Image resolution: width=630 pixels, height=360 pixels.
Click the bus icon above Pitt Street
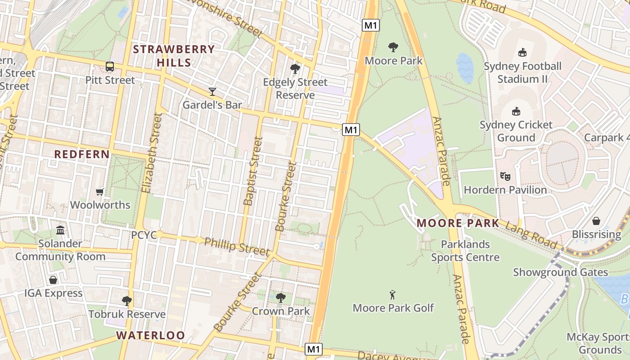pyautogui.click(x=110, y=67)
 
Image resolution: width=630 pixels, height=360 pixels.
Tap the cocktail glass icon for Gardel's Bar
pyautogui.click(x=212, y=92)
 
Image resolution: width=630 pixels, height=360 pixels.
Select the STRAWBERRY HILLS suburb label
pyautogui.click(x=174, y=56)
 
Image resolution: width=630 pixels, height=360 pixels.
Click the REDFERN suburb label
pyautogui.click(x=82, y=154)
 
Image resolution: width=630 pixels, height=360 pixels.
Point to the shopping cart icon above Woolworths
pyautogui.click(x=100, y=192)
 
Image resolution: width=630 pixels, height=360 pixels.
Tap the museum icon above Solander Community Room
pyautogui.click(x=60, y=230)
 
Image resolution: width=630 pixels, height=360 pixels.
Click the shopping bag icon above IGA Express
pyautogui.click(x=53, y=280)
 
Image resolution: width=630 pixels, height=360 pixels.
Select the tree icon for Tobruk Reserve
pyautogui.click(x=127, y=301)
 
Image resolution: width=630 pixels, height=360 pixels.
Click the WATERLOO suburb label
pyautogui.click(x=151, y=335)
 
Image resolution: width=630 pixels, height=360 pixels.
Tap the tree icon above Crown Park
pyautogui.click(x=281, y=297)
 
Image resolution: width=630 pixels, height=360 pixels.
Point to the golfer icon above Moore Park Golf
pyautogui.click(x=393, y=295)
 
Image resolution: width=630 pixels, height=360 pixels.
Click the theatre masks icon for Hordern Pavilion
pyautogui.click(x=505, y=176)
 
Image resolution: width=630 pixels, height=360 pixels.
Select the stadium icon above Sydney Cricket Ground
pyautogui.click(x=516, y=111)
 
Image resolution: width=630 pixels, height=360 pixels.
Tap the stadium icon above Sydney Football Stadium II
pyautogui.click(x=522, y=53)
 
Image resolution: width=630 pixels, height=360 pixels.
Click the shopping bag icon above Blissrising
pyautogui.click(x=596, y=221)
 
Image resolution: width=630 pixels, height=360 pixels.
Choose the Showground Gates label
pyautogui.click(x=560, y=272)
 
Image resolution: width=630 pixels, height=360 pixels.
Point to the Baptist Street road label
pyautogui.click(x=252, y=171)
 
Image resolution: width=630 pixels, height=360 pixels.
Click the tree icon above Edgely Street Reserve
pyautogui.click(x=295, y=69)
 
